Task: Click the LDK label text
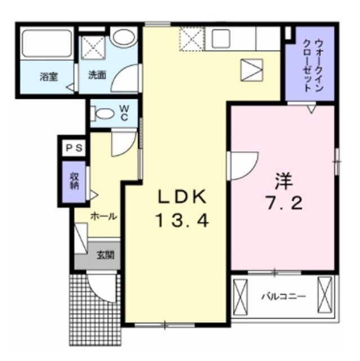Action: [x=181, y=197]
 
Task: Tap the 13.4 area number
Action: [x=183, y=220]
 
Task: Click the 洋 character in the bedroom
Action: [x=284, y=182]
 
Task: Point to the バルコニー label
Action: [x=284, y=296]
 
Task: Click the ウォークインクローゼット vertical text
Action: [x=314, y=65]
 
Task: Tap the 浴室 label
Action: [x=49, y=77]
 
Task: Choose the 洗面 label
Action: [x=97, y=75]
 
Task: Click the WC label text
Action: [x=125, y=113]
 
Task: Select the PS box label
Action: [x=74, y=148]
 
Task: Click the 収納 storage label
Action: [x=74, y=181]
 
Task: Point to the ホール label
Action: [x=104, y=217]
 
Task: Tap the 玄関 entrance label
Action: [x=105, y=255]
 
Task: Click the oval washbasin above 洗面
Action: [x=123, y=38]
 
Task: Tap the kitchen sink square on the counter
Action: [x=221, y=39]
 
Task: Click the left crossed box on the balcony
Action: [x=241, y=297]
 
